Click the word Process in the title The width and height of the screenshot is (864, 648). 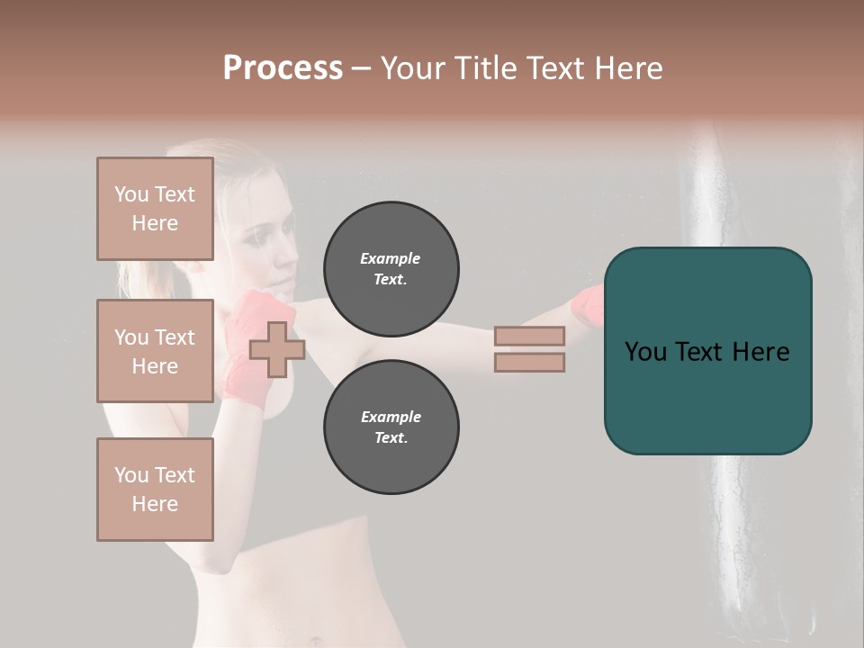point(283,68)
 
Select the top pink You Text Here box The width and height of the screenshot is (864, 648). point(155,209)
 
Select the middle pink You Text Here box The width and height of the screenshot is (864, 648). point(155,351)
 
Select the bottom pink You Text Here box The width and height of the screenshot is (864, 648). point(155,490)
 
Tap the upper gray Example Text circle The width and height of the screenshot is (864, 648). point(391,269)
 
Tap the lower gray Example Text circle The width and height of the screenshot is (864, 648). point(391,427)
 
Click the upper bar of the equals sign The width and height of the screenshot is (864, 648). point(529,337)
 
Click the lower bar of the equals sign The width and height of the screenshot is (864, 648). point(529,362)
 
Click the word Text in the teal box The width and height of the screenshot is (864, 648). point(706,352)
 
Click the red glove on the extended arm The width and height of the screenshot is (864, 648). point(587,306)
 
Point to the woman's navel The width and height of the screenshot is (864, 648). point(314,642)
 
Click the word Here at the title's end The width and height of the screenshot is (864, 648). point(627,68)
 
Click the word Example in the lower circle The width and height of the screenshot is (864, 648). point(391,417)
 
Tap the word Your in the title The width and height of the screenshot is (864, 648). point(410,68)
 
